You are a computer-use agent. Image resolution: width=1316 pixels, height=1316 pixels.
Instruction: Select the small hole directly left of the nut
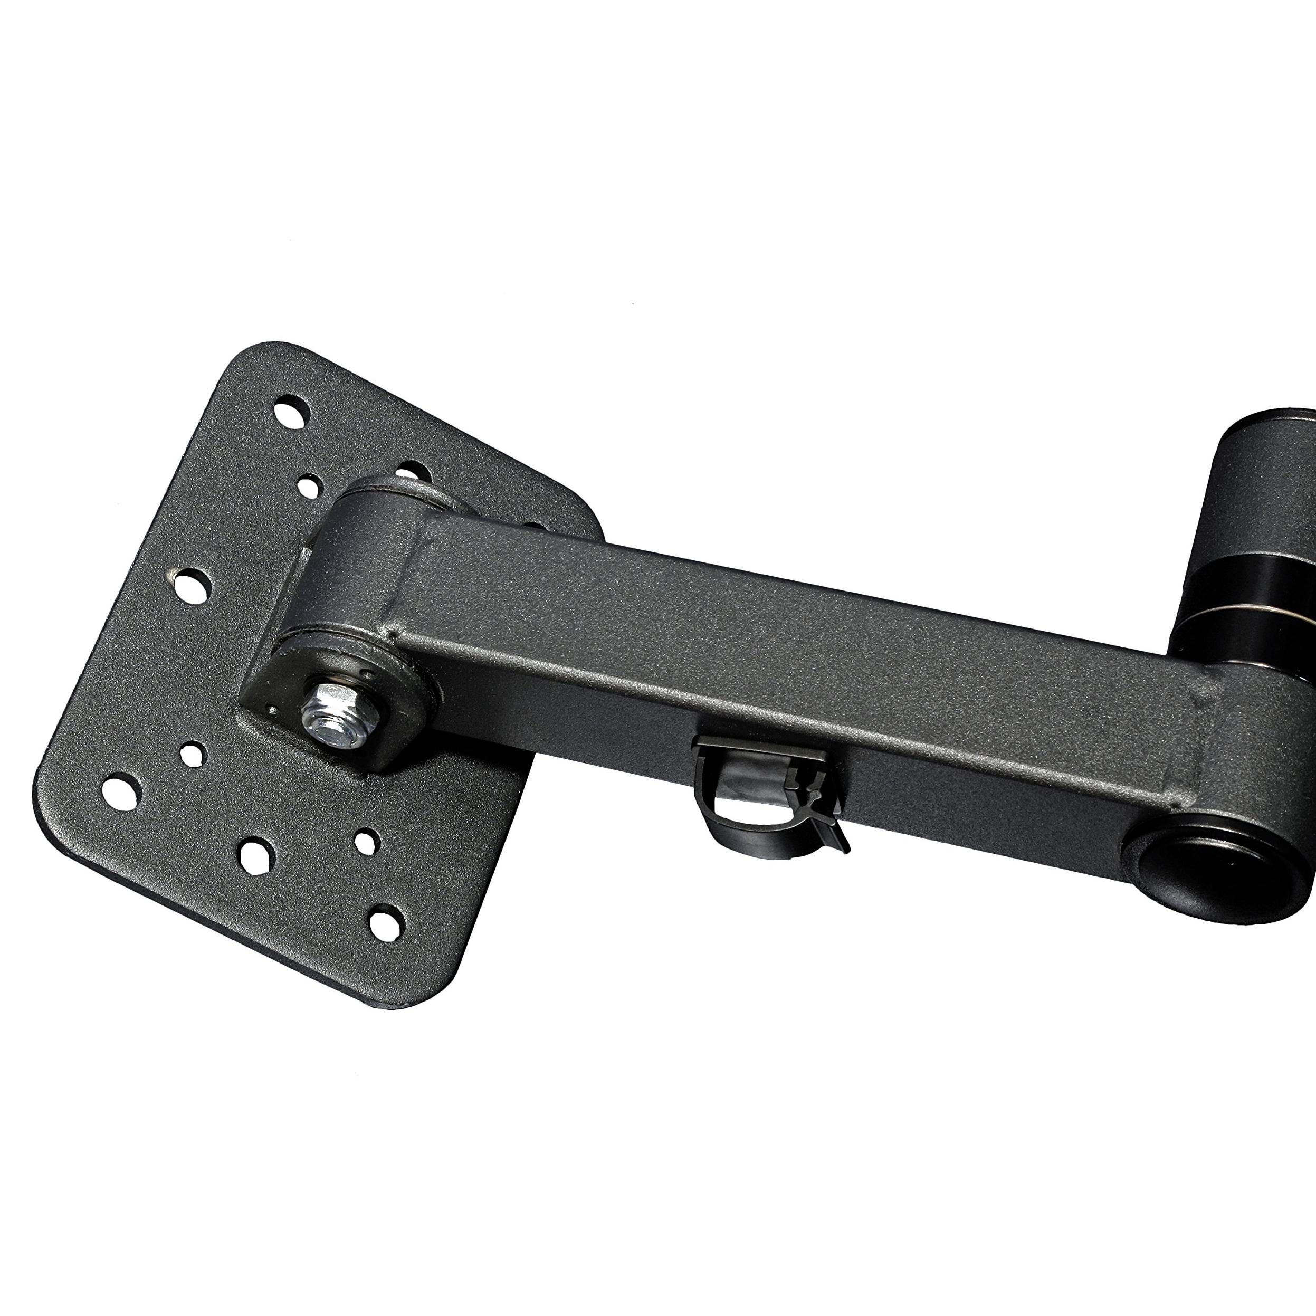193,752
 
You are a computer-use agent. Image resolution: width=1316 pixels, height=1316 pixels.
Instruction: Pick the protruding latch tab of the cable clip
838,834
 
